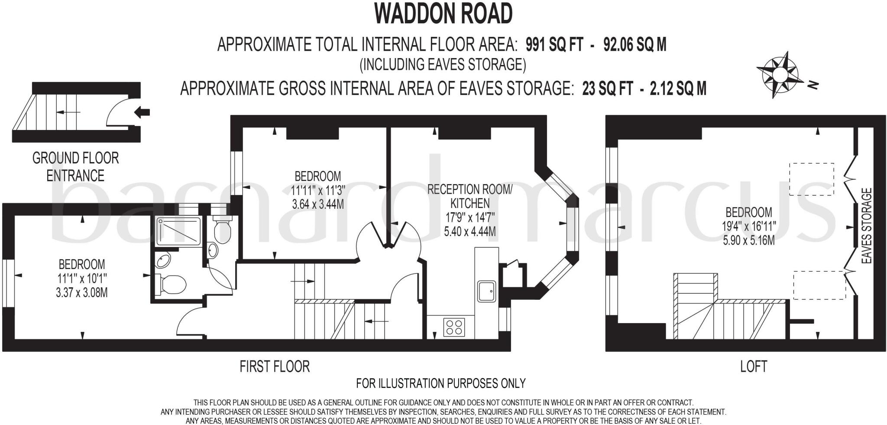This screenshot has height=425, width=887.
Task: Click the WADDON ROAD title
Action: pyautogui.click(x=443, y=14)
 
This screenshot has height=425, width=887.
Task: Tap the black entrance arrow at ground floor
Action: pyautogui.click(x=142, y=113)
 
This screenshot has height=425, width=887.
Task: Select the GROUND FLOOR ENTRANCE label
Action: pyautogui.click(x=75, y=167)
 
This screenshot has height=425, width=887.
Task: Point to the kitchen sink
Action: pyautogui.click(x=487, y=291)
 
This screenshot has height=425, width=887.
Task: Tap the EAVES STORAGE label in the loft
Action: pyautogui.click(x=867, y=226)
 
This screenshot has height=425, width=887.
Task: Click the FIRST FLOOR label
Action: pyautogui.click(x=275, y=367)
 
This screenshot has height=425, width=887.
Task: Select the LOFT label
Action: pyautogui.click(x=754, y=367)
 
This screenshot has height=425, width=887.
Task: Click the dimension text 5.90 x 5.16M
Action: pyautogui.click(x=749, y=240)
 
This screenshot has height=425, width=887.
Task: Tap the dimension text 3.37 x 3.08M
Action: pyautogui.click(x=82, y=292)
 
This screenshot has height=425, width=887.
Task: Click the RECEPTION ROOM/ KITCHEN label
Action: pyautogui.click(x=470, y=196)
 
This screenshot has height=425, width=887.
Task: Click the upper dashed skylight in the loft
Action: pyautogui.click(x=812, y=179)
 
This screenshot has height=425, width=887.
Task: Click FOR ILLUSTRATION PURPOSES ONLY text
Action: pyautogui.click(x=441, y=383)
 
